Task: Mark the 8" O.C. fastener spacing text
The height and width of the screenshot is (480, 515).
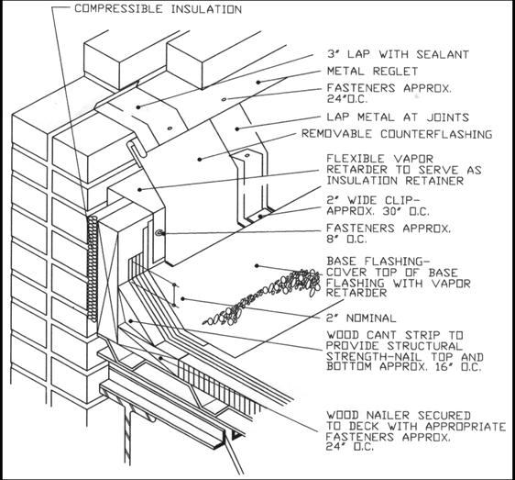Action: (x=347, y=245)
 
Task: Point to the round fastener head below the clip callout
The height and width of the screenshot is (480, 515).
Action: (x=159, y=235)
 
